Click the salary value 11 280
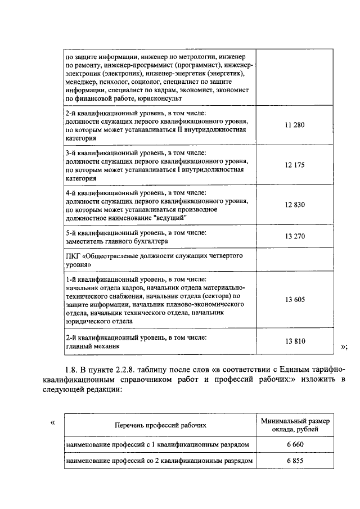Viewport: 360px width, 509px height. tap(295, 125)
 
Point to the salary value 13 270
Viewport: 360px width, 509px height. tap(295, 236)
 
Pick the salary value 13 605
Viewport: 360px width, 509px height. tap(295, 300)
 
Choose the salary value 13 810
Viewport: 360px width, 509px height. tap(295, 341)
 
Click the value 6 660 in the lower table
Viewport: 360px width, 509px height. tap(295, 444)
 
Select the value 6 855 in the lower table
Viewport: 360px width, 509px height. tap(295, 460)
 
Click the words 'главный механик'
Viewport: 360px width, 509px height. tap(92, 347)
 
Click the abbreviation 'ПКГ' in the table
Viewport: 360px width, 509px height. tap(73, 256)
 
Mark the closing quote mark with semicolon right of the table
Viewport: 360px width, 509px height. tap(344, 347)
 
